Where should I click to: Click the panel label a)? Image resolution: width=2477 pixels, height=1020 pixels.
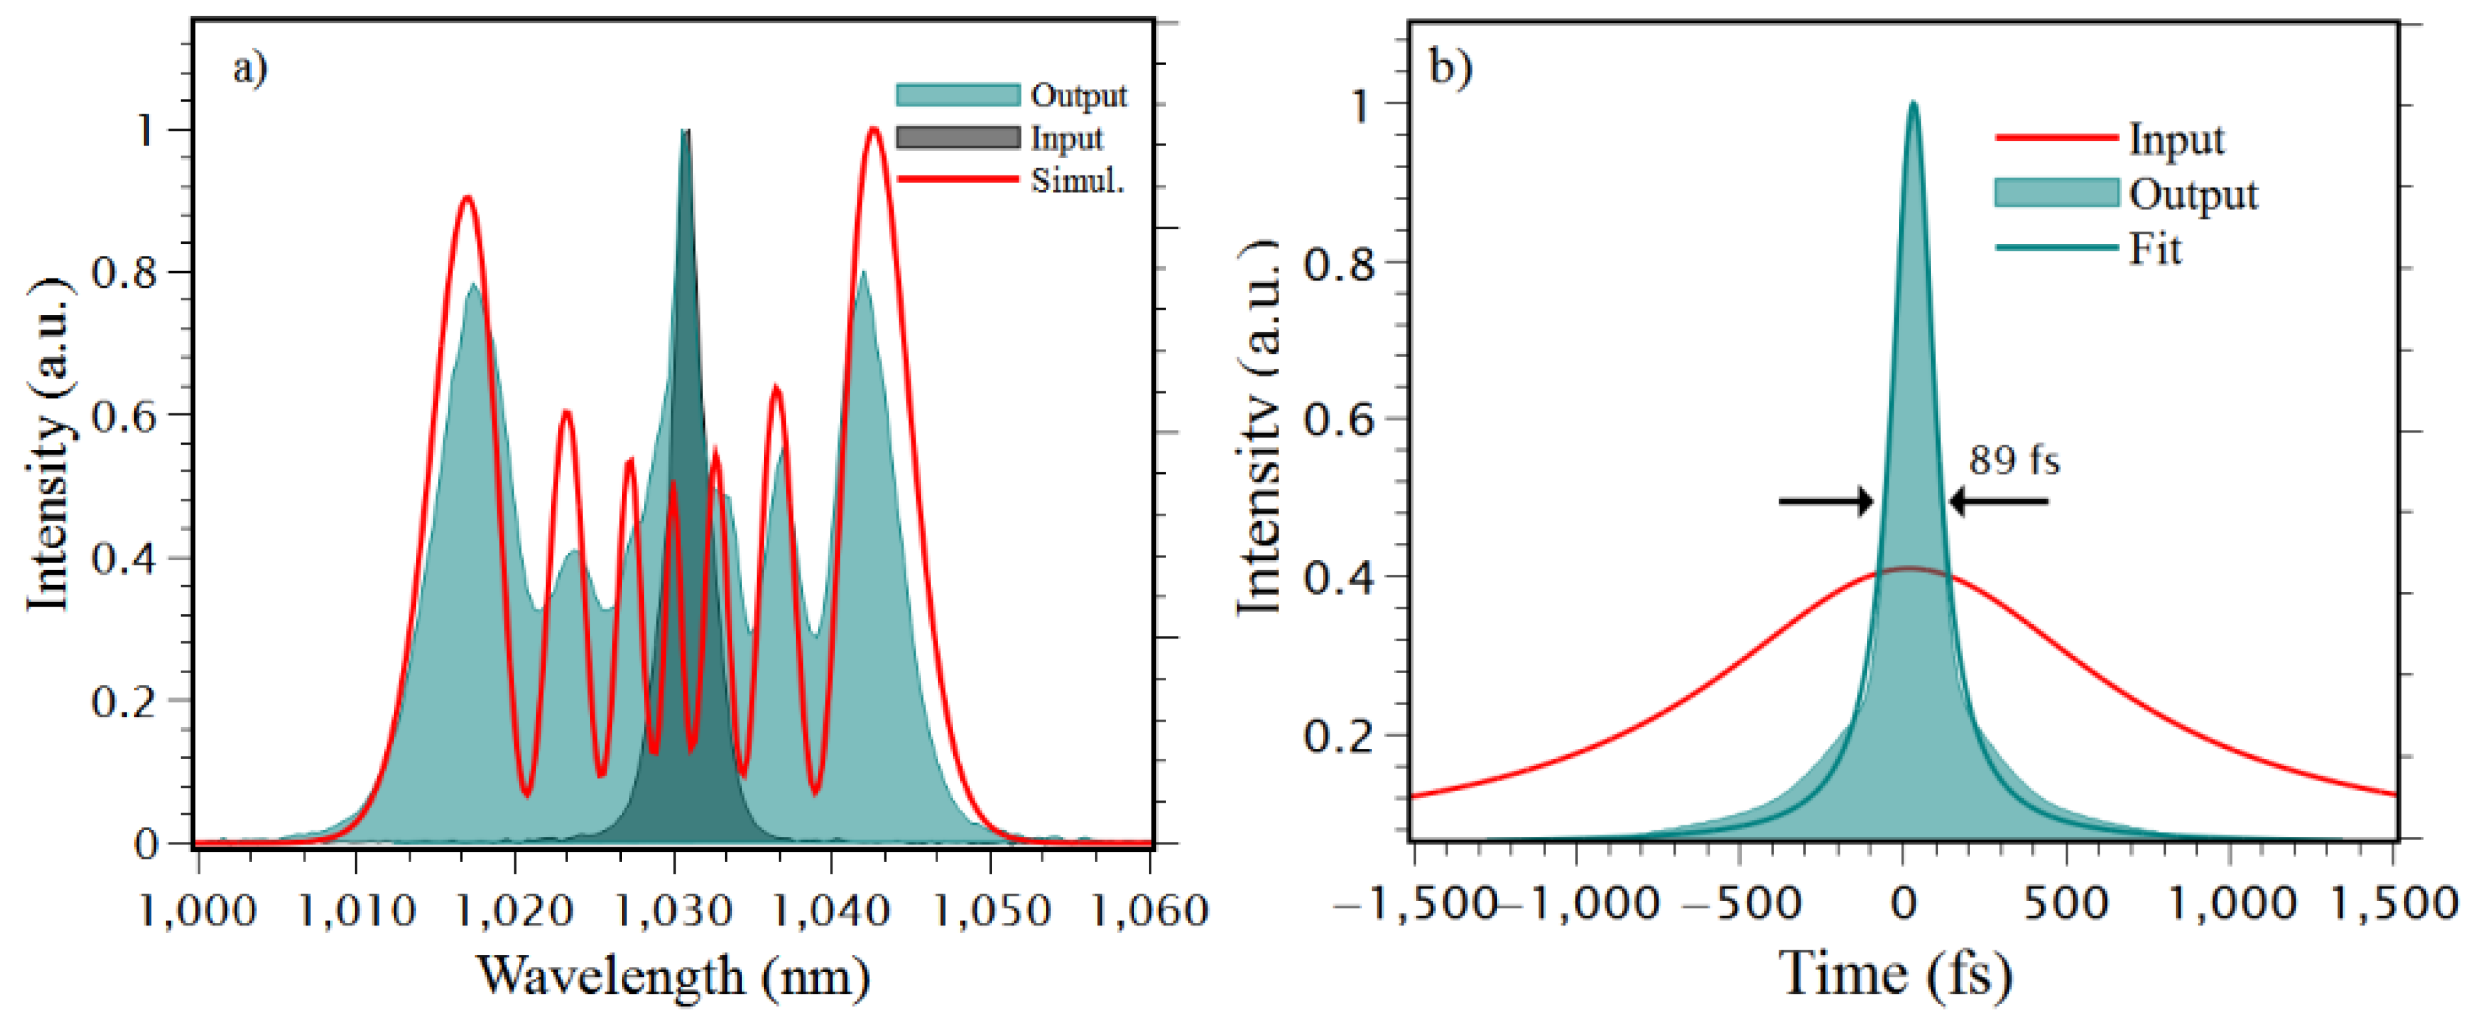pos(250,69)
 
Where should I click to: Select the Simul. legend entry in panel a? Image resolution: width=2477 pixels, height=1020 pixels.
pos(1077,180)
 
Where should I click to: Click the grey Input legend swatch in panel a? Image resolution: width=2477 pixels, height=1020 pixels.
pos(957,138)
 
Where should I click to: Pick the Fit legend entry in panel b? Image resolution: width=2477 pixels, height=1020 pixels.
pos(2154,249)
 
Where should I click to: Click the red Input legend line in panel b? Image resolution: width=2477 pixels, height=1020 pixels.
pos(2056,138)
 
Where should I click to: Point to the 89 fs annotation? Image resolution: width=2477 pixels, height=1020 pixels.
pos(2013,460)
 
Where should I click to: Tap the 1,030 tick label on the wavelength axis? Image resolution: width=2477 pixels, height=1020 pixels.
pos(673,910)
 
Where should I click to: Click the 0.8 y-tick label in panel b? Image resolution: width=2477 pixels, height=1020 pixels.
pos(1339,264)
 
